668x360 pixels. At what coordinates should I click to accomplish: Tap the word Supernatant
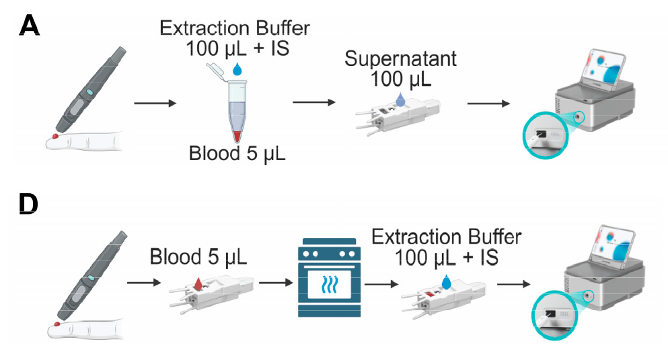(x=400, y=59)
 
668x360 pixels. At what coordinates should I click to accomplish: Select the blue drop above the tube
(x=237, y=69)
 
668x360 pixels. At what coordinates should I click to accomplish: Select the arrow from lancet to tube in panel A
(x=155, y=104)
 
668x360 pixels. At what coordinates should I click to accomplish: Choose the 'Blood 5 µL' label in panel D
(x=198, y=258)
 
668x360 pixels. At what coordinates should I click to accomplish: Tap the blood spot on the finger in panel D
(x=57, y=325)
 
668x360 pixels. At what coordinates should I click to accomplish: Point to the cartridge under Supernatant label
(x=397, y=114)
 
